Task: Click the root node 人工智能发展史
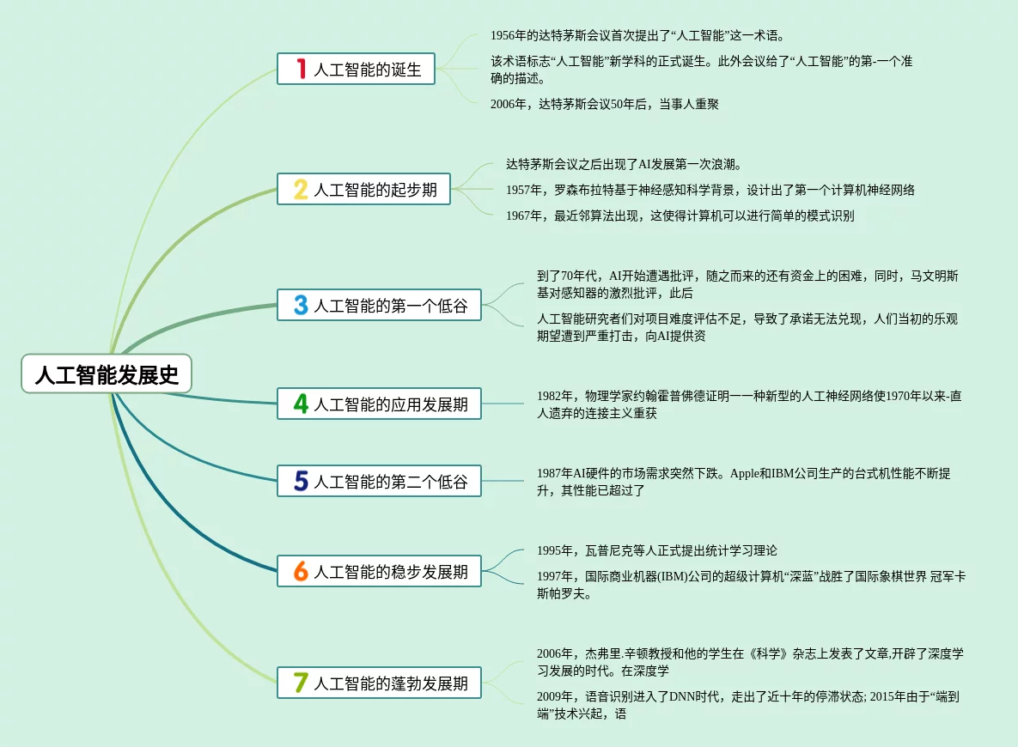[107, 375]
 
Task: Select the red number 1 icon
[301, 69]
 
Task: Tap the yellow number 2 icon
[301, 189]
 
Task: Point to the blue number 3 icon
[301, 305]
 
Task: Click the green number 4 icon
[301, 404]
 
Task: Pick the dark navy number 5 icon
[301, 481]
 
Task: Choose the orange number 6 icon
[301, 571]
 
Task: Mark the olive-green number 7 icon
[301, 683]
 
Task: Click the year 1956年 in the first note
[507, 36]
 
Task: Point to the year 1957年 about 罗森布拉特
[523, 191]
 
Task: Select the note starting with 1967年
[680, 216]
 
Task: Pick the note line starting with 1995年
[656, 550]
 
